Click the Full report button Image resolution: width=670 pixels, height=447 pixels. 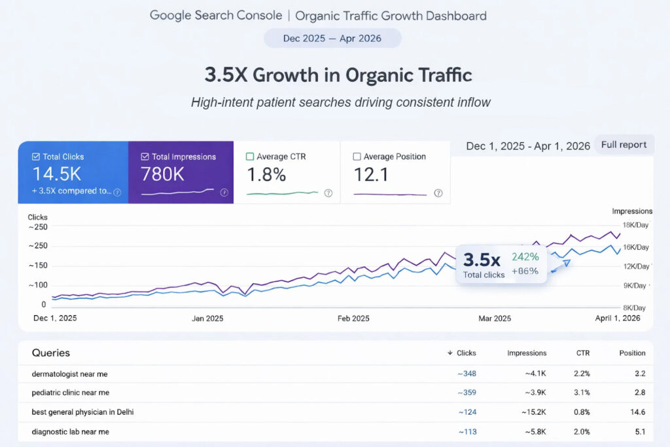pos(624,145)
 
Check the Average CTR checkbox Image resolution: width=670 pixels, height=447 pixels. pos(250,157)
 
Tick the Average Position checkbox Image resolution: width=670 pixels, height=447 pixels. pos(357,157)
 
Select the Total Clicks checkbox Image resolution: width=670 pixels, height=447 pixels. pos(36,157)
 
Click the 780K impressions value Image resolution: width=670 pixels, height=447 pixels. pos(162,174)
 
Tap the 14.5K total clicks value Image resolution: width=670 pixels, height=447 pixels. pos(57,174)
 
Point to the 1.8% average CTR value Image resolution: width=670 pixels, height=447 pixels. pos(266,175)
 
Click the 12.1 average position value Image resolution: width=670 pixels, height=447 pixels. pos(372,175)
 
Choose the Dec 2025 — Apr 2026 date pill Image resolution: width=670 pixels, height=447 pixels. pos(332,38)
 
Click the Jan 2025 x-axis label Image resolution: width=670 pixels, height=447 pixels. pos(207,319)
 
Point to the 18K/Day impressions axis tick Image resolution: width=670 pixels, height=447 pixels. pos(635,225)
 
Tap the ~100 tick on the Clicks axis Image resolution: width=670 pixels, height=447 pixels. pos(38,285)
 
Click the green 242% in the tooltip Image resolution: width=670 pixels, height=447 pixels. pos(525,257)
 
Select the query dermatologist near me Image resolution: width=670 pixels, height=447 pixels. pos(69,374)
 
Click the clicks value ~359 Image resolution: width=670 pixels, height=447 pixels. pos(467,393)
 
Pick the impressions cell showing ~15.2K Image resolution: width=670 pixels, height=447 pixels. pos(534,412)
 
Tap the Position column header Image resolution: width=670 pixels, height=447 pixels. pos(633,353)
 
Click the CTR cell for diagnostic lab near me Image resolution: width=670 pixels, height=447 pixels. pos(582,432)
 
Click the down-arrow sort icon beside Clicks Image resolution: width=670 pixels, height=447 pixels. pos(450,353)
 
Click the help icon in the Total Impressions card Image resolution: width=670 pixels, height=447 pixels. pos(224,193)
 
